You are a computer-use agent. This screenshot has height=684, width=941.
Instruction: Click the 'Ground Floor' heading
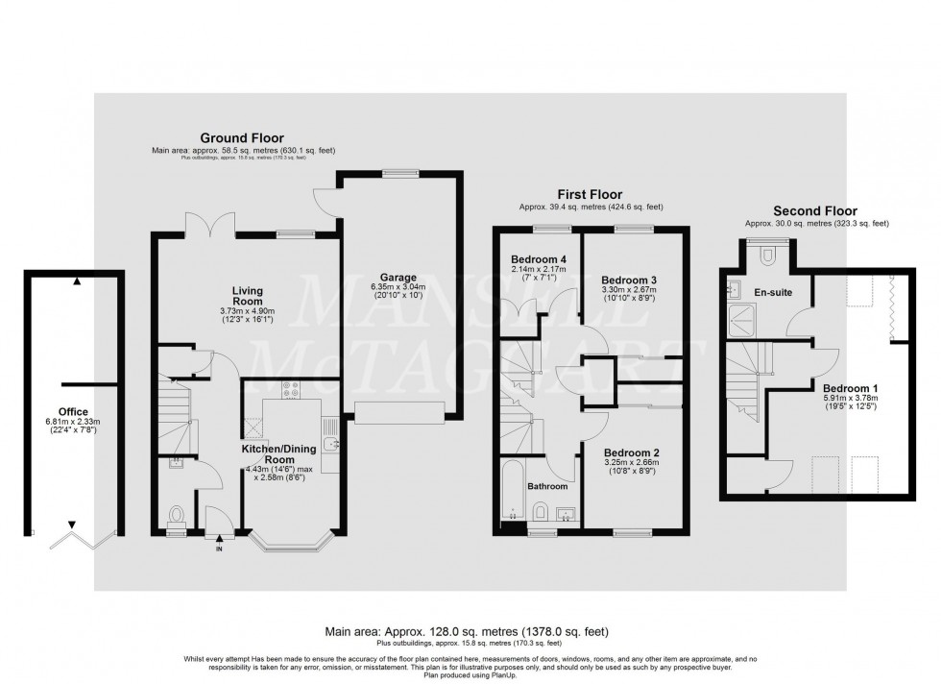pyautogui.click(x=241, y=138)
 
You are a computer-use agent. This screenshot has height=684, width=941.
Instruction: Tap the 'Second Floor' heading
pyautogui.click(x=814, y=211)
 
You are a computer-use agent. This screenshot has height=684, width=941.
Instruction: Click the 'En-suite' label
pyautogui.click(x=774, y=291)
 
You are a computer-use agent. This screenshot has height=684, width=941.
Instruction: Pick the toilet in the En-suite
pyautogui.click(x=766, y=255)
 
